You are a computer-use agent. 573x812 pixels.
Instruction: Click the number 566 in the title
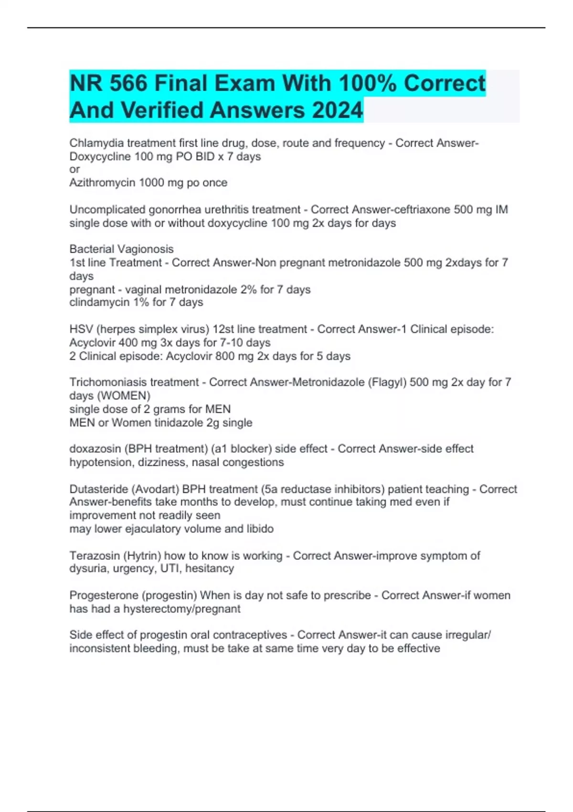(128, 84)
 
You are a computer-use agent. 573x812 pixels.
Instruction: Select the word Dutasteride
(98, 489)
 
